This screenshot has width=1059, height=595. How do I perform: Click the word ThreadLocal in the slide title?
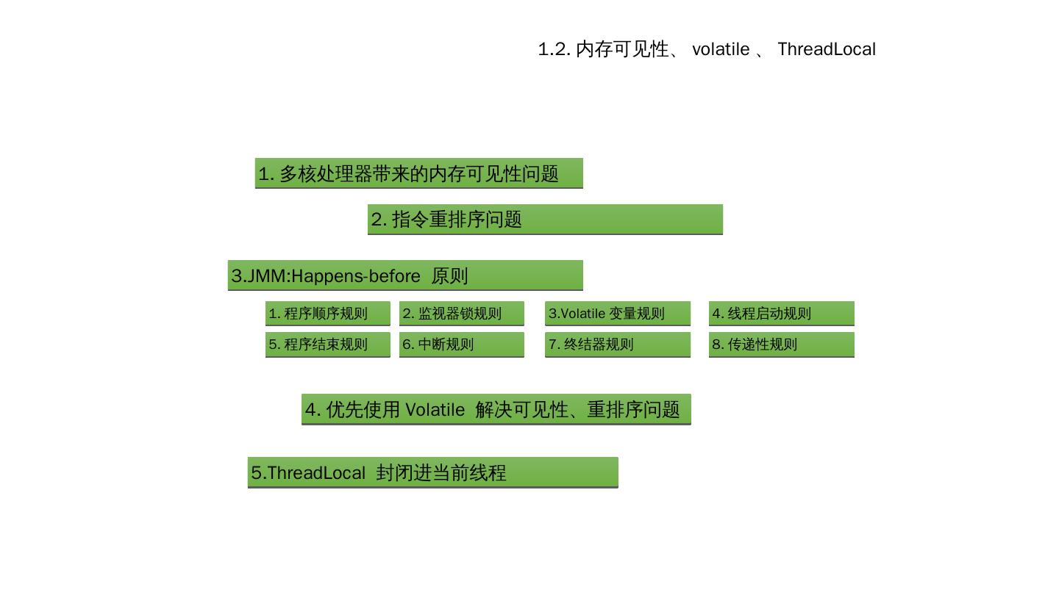point(827,49)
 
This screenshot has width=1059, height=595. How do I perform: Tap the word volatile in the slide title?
point(721,49)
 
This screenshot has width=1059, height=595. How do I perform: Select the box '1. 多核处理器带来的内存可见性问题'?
point(418,173)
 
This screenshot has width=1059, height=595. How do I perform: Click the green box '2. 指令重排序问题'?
point(545,220)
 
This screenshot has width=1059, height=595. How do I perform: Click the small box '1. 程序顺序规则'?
point(327,314)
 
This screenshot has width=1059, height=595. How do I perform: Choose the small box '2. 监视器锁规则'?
point(461,314)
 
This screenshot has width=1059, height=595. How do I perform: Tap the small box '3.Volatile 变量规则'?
point(617,314)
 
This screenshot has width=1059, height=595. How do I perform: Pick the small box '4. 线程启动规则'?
point(781,314)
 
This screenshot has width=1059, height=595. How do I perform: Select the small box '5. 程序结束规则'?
point(327,345)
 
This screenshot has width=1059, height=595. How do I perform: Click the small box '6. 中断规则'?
point(461,345)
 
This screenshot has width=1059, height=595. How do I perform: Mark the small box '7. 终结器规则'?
point(617,345)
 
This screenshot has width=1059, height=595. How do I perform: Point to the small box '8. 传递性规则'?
point(781,345)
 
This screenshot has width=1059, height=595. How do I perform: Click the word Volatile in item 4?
point(435,410)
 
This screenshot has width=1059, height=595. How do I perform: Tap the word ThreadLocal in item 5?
point(316,473)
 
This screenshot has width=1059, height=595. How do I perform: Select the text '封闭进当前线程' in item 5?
point(441,473)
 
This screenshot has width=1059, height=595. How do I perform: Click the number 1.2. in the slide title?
point(554,49)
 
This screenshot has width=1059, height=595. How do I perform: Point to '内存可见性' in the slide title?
point(622,49)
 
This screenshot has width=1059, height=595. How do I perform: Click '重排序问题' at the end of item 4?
point(633,410)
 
